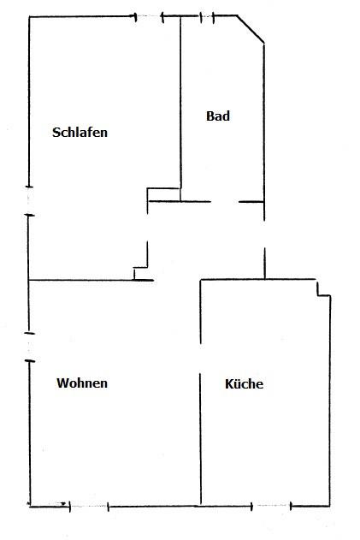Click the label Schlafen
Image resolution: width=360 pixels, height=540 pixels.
80,133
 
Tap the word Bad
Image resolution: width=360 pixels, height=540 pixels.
218,116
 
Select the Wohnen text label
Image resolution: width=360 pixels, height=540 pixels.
82,383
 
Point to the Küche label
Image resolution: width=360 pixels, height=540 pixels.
244,383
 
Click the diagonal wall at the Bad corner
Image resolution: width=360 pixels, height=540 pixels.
251,29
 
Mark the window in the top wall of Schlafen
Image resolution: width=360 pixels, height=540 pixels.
149,16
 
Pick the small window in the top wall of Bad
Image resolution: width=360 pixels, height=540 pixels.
207,17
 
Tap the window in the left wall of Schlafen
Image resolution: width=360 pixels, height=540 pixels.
29,201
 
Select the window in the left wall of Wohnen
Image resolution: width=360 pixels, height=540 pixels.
29,347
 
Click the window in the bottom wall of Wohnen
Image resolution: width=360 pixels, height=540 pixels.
89,507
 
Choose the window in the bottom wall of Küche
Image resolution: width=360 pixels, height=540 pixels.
272,506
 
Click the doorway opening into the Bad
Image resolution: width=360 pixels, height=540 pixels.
225,201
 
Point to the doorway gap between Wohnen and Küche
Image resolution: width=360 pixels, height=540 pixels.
200,359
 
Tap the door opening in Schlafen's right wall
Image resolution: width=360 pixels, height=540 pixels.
147,228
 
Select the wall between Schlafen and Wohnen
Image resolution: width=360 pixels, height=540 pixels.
91,281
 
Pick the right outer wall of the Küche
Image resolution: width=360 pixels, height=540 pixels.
330,401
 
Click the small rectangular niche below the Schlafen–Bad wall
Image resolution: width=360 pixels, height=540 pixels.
163,194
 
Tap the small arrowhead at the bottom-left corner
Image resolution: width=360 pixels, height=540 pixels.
63,504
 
